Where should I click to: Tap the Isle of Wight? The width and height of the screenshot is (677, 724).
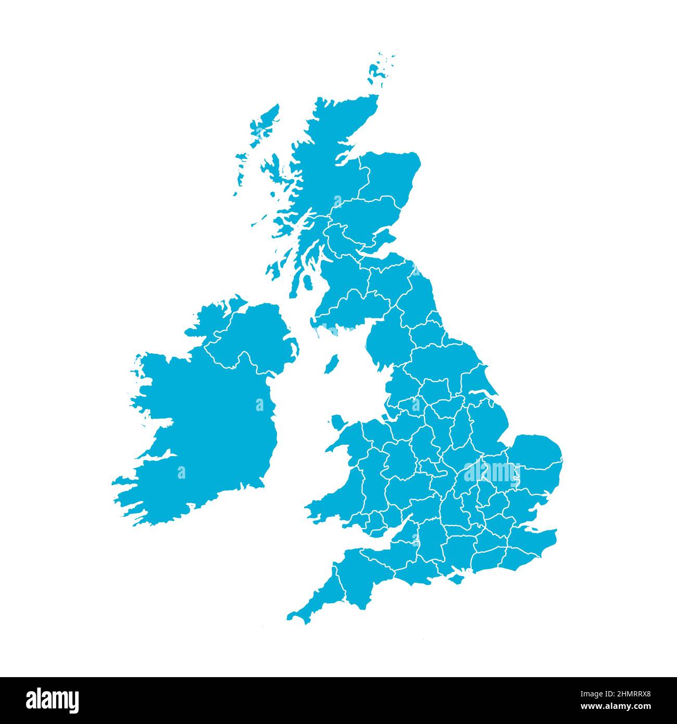tap(453, 577)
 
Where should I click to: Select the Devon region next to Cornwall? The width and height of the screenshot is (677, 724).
tap(365, 578)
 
